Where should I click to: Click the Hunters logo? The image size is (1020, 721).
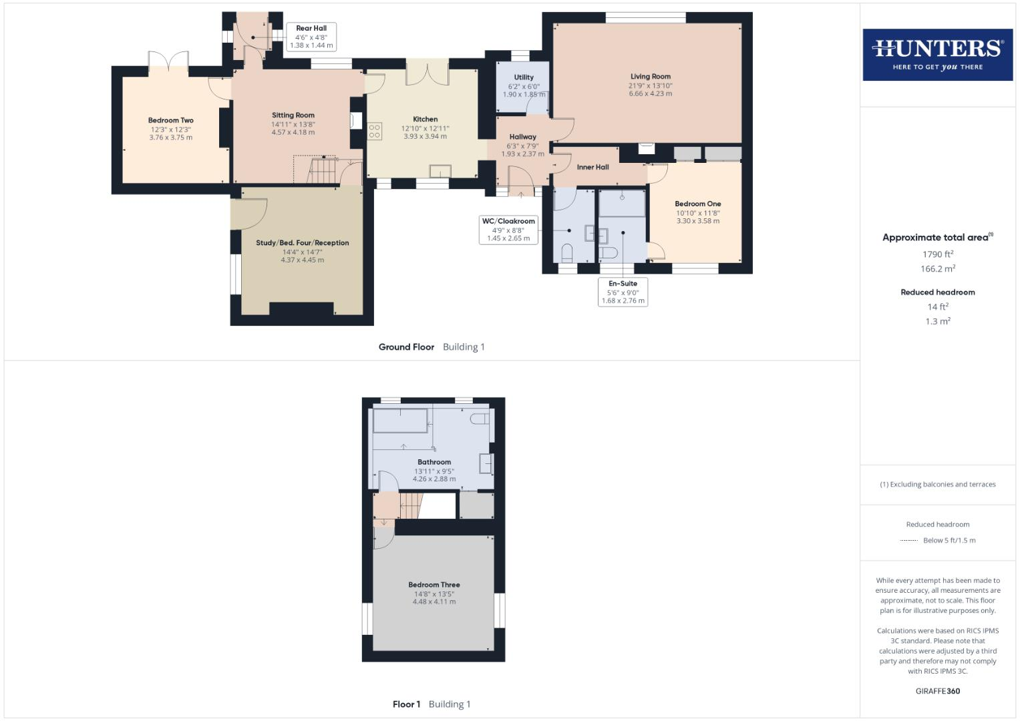click(937, 55)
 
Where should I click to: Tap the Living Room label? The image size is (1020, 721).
click(650, 77)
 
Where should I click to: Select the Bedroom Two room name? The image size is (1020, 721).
click(170, 121)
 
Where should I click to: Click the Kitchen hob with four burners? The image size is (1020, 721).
click(375, 132)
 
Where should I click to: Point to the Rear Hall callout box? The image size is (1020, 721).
click(311, 37)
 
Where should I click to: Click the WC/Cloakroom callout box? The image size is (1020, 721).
click(508, 230)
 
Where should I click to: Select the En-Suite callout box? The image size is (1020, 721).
click(623, 292)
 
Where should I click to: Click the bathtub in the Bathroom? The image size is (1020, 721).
click(399, 422)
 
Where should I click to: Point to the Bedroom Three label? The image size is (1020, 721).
click(434, 585)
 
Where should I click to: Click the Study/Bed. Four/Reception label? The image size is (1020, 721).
click(302, 243)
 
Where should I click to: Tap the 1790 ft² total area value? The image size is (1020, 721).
click(937, 254)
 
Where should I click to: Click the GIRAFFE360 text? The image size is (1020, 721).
click(937, 691)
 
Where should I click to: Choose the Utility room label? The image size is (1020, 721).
click(524, 77)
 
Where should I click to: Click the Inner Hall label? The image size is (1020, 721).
click(592, 167)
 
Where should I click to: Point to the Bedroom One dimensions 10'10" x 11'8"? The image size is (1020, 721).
click(697, 213)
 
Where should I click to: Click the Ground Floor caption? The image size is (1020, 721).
click(406, 347)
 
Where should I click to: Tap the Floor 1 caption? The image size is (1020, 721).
click(406, 704)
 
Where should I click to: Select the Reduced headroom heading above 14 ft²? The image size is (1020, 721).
click(937, 292)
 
